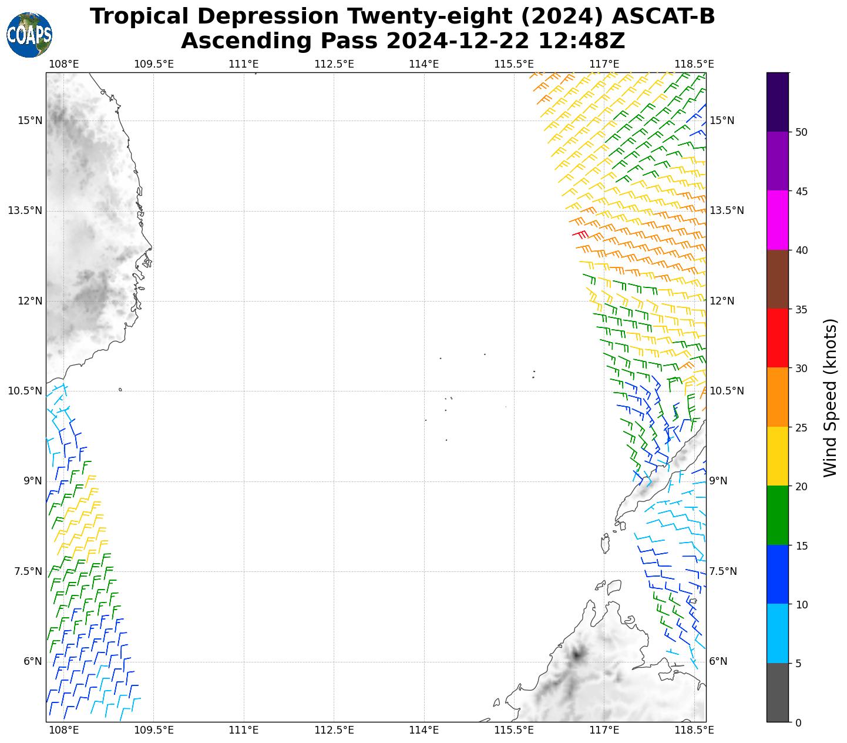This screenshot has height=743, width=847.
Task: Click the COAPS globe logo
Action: (x=29, y=35)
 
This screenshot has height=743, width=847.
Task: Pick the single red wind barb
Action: (x=580, y=234)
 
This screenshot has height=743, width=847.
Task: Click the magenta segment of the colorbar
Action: (x=778, y=220)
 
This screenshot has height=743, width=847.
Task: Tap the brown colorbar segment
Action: (x=778, y=279)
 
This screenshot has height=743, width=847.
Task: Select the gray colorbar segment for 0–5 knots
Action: (x=778, y=692)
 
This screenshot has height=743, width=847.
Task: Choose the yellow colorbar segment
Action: (x=778, y=456)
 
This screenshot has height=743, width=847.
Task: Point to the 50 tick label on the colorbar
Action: (x=801, y=132)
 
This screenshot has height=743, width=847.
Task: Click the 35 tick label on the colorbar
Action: (x=801, y=309)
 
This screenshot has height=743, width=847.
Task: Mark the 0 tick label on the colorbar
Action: (x=798, y=722)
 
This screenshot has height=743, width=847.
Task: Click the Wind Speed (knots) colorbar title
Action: (x=829, y=397)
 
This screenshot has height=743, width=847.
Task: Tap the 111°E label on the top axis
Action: (x=244, y=63)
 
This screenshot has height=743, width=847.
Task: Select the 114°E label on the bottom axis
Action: (x=424, y=730)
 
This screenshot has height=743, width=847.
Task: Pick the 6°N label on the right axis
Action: (x=718, y=661)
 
